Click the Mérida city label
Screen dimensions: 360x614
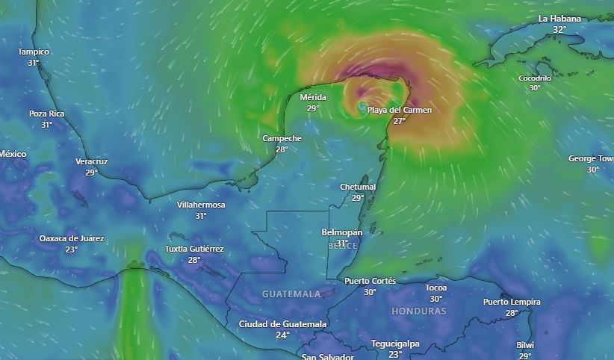[x=313, y=97]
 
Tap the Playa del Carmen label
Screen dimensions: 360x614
[x=400, y=111]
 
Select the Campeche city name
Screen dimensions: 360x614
[x=282, y=138]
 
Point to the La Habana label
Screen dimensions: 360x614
[x=559, y=19]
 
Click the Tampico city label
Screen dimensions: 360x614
[x=34, y=52]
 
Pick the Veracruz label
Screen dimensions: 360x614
[x=91, y=161]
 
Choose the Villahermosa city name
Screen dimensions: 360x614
[x=201, y=205]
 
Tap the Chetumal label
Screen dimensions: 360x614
[x=358, y=187]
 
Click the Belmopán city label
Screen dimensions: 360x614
[x=341, y=232]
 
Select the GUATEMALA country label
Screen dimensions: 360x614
[x=291, y=294]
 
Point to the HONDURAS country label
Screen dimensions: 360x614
[x=418, y=311]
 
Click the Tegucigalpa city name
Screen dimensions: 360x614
[x=395, y=344]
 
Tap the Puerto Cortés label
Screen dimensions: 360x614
[x=370, y=281]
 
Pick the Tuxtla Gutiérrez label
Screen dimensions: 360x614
[x=194, y=249]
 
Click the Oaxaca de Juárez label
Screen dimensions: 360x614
[x=72, y=238]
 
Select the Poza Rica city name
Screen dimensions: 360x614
[x=46, y=114]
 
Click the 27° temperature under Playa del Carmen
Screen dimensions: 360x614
[x=400, y=121]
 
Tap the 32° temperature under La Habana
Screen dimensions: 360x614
[x=559, y=29]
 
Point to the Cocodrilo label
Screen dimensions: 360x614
[x=535, y=78]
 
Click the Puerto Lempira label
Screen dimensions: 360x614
[x=512, y=302]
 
